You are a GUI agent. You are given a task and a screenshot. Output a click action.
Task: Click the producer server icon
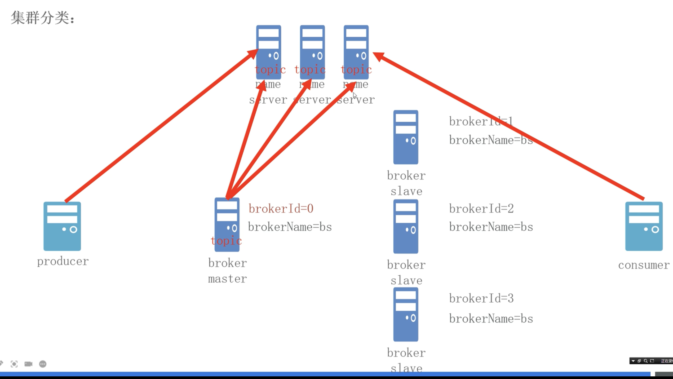point(62,226)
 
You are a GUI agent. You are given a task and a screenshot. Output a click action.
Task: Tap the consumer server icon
point(644,226)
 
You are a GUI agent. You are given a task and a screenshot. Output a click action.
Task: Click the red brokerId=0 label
point(281,209)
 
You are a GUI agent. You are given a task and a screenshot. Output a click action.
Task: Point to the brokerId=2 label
point(481,209)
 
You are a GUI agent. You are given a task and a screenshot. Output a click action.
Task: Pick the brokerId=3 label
point(481,298)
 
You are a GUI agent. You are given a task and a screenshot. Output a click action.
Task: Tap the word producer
point(63,261)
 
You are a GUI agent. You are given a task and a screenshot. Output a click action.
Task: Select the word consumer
point(644,265)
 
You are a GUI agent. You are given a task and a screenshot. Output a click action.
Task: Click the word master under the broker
point(227,279)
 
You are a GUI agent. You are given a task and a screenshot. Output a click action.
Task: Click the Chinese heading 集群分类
point(42,18)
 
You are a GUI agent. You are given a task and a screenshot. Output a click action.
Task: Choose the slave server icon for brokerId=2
point(406,226)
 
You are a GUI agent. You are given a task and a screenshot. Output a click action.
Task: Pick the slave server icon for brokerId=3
point(406,314)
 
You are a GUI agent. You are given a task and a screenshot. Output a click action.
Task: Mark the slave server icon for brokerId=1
point(406,137)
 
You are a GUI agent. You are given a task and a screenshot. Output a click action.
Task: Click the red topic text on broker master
point(226,241)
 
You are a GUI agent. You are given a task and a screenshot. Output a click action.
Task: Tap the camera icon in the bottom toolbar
point(28,364)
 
